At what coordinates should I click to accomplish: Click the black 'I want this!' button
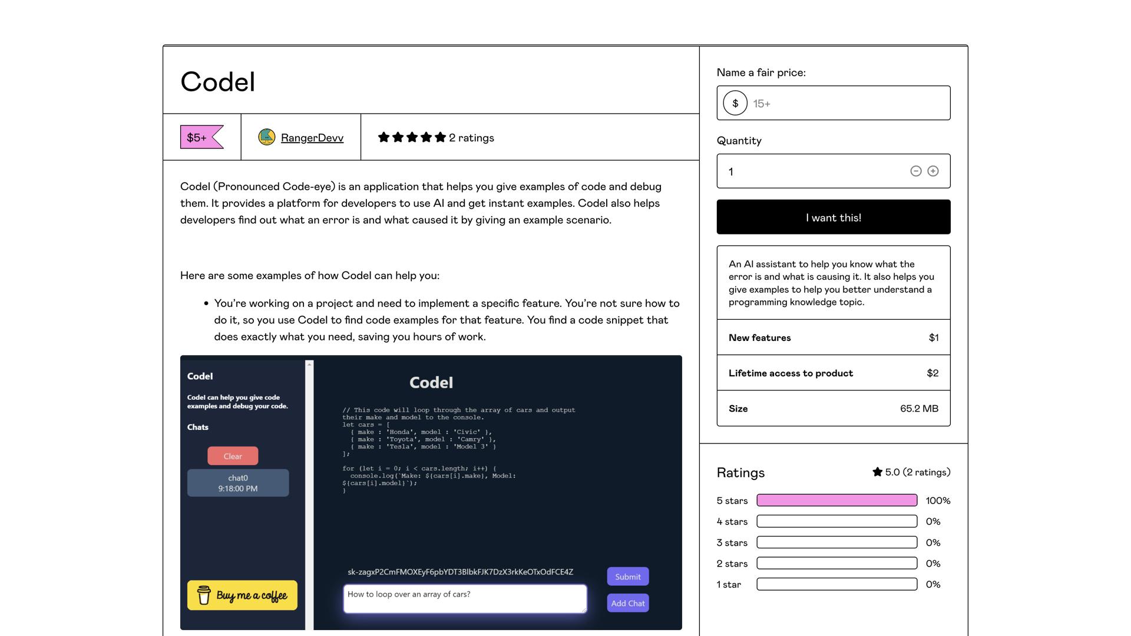(833, 217)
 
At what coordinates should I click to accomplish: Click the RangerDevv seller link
(312, 138)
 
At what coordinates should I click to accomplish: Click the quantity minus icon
(915, 171)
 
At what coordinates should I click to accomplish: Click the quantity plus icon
(933, 171)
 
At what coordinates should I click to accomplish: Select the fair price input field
(848, 104)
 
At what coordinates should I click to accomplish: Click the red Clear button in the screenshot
(233, 456)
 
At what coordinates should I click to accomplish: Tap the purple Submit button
(627, 577)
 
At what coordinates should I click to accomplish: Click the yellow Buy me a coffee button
(242, 595)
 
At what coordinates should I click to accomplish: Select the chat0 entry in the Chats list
(238, 483)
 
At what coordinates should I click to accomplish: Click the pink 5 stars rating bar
(836, 501)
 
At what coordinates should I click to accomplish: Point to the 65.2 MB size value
(919, 409)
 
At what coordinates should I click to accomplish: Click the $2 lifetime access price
(932, 373)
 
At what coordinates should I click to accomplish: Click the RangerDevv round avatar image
(267, 137)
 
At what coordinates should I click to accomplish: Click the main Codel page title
(218, 82)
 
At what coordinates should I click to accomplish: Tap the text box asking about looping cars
(464, 598)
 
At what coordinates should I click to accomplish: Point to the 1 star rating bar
(836, 585)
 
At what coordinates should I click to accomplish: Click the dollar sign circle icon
(735, 104)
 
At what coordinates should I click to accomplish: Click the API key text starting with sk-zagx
(460, 572)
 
